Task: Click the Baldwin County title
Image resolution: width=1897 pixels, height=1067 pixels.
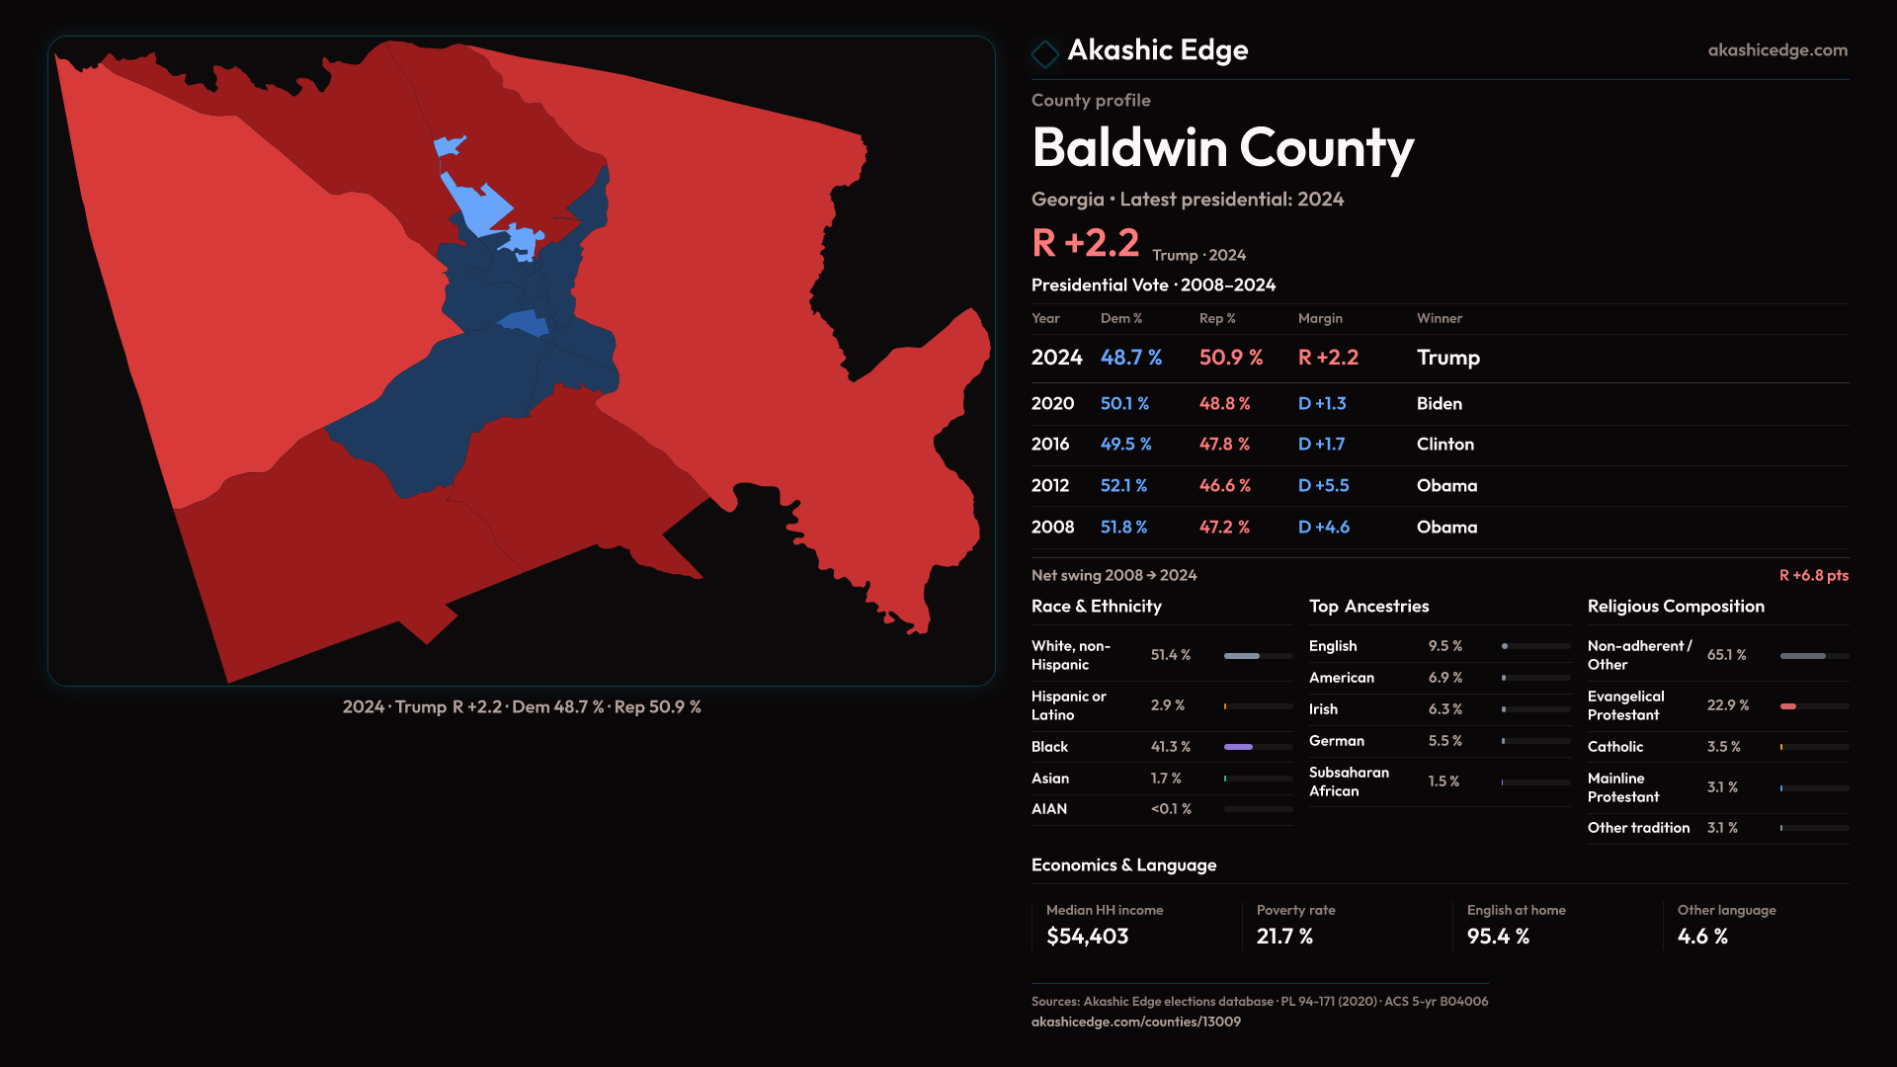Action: (1222, 148)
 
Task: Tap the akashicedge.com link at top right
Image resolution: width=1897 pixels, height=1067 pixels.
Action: (1776, 50)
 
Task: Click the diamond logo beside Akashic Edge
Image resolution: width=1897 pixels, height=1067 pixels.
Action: (1044, 53)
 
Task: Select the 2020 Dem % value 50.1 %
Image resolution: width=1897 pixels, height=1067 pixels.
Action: (1124, 404)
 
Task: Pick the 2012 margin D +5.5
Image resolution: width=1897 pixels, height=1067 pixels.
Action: (1323, 486)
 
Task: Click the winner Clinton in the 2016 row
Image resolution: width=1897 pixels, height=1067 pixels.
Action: (1444, 445)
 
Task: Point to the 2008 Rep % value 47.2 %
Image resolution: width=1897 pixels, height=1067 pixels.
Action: (1224, 528)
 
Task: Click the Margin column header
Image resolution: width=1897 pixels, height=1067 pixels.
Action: (1320, 318)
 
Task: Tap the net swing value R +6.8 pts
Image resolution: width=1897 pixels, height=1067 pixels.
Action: (1813, 575)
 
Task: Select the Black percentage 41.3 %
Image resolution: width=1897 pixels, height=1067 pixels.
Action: (1170, 747)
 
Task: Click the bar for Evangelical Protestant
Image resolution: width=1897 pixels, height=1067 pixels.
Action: (1813, 706)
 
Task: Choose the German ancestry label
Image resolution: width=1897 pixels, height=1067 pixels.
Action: (1336, 741)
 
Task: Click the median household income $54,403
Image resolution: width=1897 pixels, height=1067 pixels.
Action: (1087, 937)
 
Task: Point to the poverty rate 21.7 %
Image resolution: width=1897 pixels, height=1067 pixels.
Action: (1284, 937)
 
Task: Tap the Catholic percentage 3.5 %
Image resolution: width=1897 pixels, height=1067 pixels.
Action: (1723, 747)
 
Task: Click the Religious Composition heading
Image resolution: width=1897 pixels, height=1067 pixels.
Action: (1676, 607)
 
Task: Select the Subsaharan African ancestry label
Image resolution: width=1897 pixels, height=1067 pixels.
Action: (1349, 781)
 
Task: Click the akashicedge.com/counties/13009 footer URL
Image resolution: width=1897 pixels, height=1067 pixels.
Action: (1135, 1022)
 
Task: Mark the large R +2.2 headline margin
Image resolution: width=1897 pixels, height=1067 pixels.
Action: (1085, 243)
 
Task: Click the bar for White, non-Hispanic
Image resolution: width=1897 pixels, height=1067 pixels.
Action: (1257, 656)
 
